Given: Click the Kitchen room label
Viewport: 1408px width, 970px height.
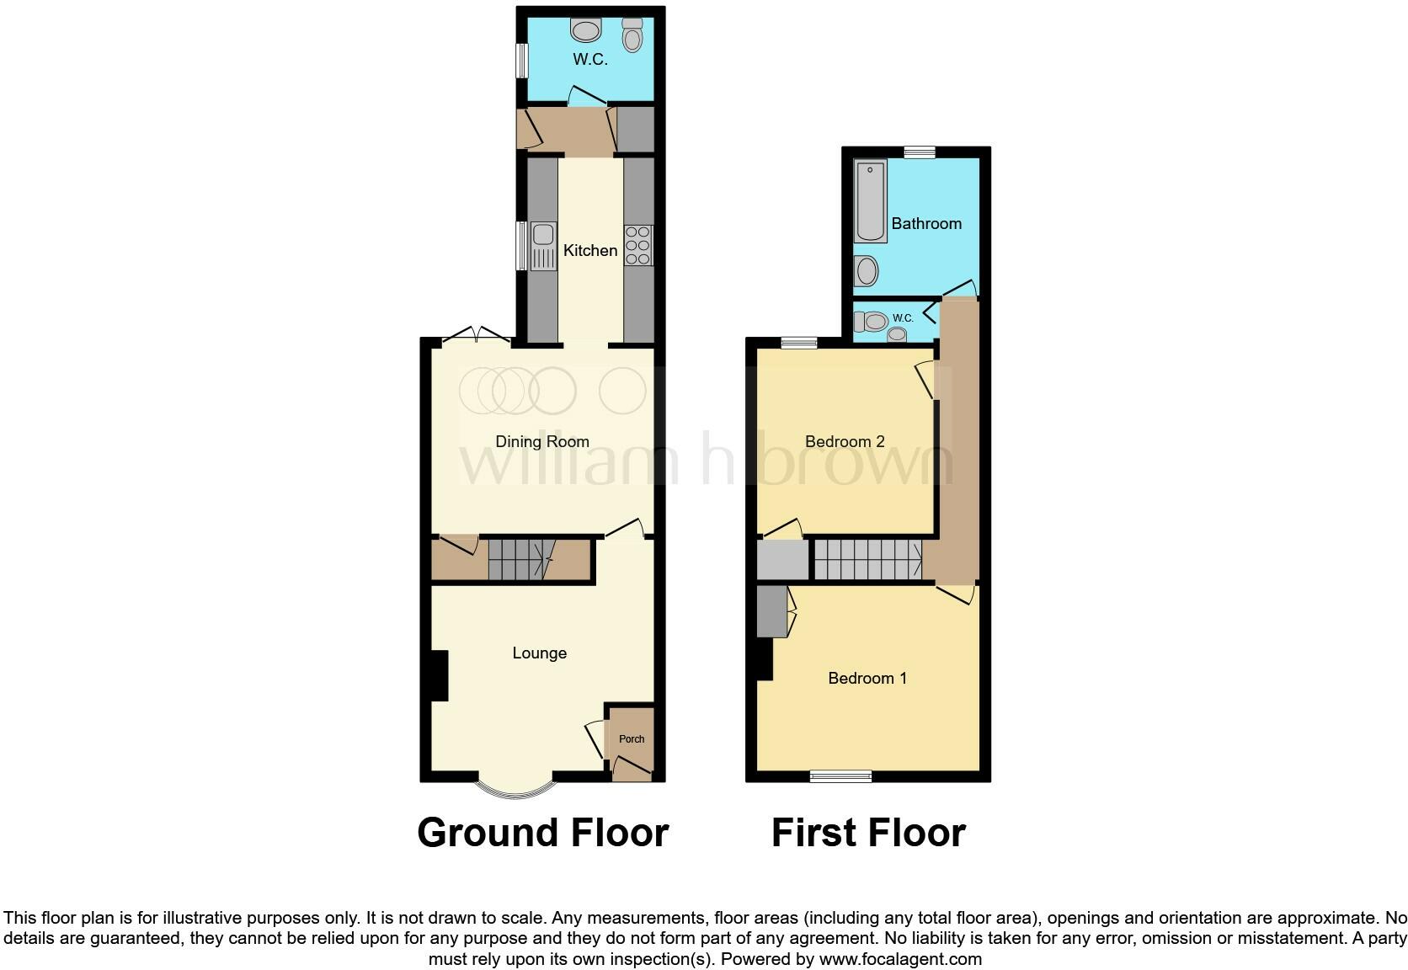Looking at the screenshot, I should pyautogui.click(x=589, y=250).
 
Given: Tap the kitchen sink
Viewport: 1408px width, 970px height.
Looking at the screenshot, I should pyautogui.click(x=543, y=245).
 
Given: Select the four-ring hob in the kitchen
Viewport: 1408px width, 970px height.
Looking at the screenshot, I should pyautogui.click(x=638, y=245).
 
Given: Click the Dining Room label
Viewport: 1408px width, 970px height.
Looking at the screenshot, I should pyautogui.click(x=541, y=441).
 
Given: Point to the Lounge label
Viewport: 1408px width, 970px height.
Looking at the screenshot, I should pyautogui.click(x=539, y=653).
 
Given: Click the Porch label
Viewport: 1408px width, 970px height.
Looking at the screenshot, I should pyautogui.click(x=632, y=738).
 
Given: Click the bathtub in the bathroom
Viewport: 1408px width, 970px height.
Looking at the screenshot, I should pyautogui.click(x=870, y=200).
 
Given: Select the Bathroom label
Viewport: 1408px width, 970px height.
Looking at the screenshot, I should pyautogui.click(x=926, y=223).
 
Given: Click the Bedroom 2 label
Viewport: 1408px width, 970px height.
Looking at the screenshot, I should pyautogui.click(x=845, y=441).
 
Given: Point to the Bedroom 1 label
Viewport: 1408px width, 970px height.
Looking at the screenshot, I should pyautogui.click(x=867, y=678).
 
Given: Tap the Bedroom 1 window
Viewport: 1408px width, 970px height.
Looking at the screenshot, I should pyautogui.click(x=840, y=775).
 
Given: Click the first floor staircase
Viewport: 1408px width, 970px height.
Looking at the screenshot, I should pyautogui.click(x=867, y=559).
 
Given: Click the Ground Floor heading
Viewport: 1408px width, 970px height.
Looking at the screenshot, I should pyautogui.click(x=542, y=833).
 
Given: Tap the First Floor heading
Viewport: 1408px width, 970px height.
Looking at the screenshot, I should pyautogui.click(x=868, y=833).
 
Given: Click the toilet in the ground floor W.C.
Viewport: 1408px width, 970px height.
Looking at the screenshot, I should pyautogui.click(x=632, y=35).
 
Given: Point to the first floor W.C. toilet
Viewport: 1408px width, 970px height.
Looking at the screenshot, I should pyautogui.click(x=872, y=321).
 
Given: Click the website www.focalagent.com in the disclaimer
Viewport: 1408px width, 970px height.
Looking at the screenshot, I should pyautogui.click(x=900, y=958).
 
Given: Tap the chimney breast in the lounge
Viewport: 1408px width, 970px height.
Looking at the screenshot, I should pyautogui.click(x=438, y=675).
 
